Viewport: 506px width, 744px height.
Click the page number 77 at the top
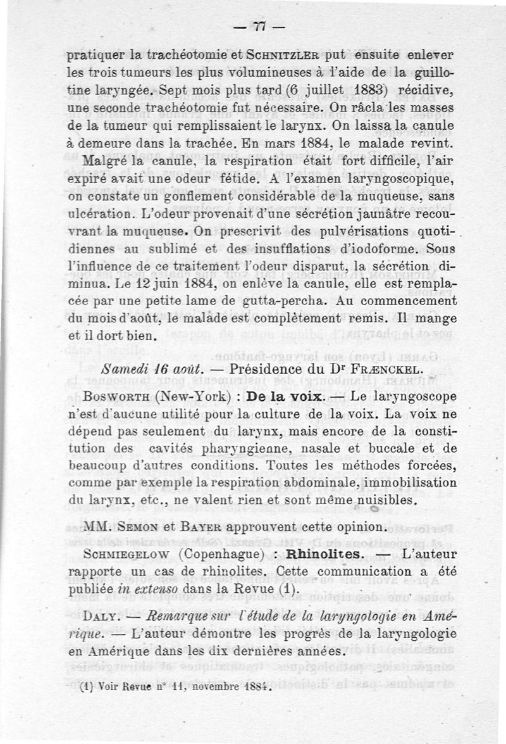coord(259,26)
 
